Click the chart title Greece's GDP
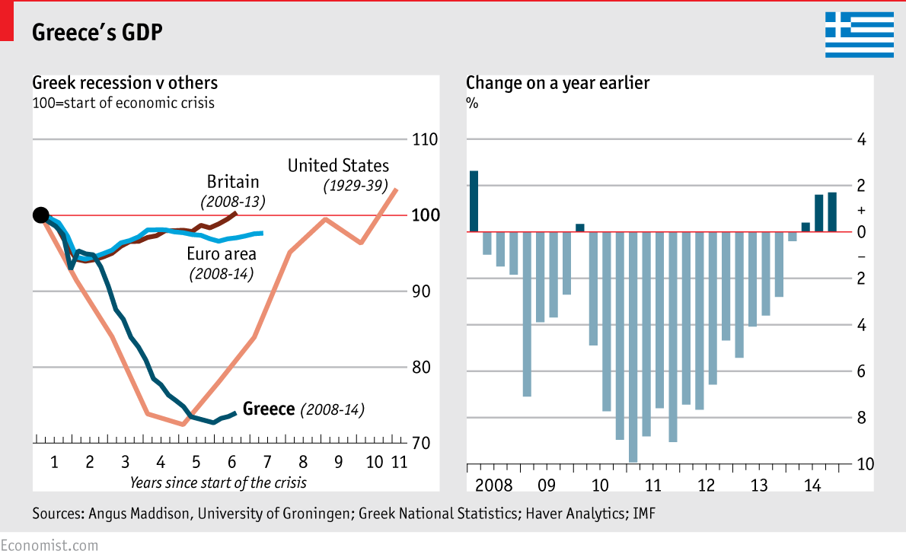click(x=96, y=32)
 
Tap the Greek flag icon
click(x=859, y=34)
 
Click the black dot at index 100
click(x=41, y=215)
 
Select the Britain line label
click(x=233, y=182)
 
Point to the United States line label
click(x=338, y=166)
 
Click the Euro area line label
click(x=222, y=254)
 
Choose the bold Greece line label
click(x=268, y=409)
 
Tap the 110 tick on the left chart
click(x=423, y=140)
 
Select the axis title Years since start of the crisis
click(x=218, y=482)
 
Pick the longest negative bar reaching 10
click(x=633, y=346)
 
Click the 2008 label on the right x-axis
click(x=493, y=486)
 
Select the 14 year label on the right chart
click(x=812, y=486)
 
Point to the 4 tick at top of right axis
click(x=861, y=140)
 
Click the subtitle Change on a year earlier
click(x=557, y=83)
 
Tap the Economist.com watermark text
click(x=49, y=545)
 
